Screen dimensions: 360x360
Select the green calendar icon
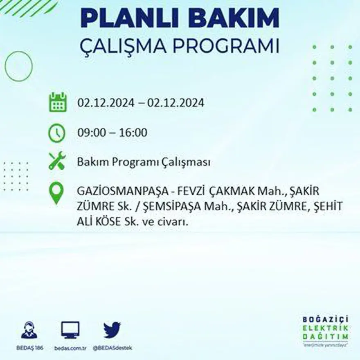click(58, 102)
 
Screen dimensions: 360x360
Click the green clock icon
click(57, 133)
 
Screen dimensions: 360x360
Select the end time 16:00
click(133, 133)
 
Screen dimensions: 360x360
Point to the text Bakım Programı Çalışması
click(144, 162)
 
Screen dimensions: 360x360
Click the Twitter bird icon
click(112, 330)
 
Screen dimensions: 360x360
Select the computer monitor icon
click(70, 330)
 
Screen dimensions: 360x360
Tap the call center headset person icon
click(29, 330)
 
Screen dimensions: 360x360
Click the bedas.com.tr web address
click(70, 348)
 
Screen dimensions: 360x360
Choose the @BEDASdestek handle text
click(112, 348)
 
